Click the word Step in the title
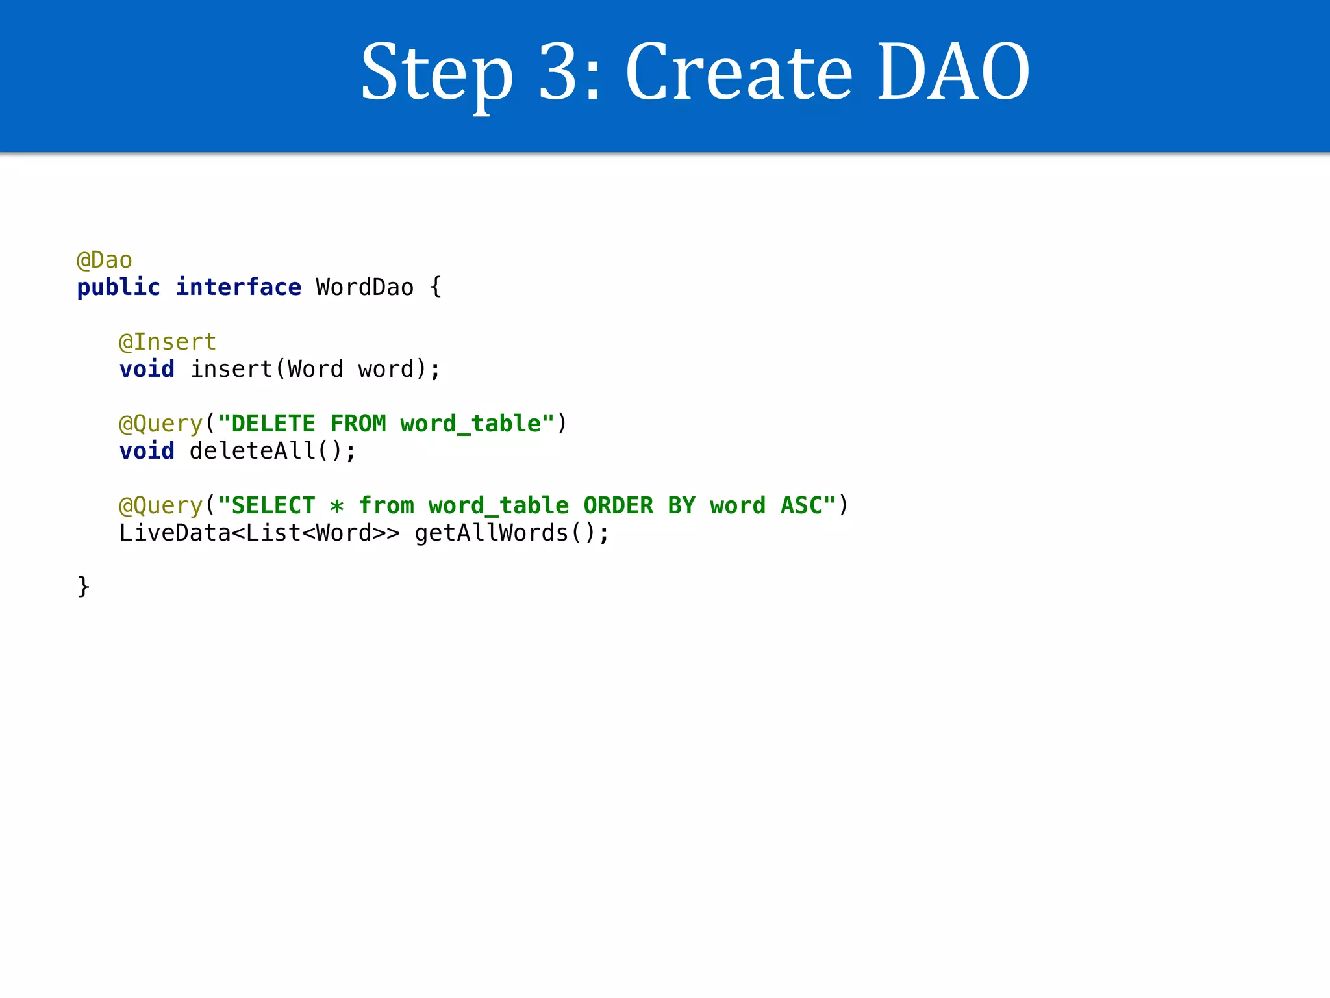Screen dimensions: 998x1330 436,73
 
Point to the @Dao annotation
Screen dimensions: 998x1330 105,261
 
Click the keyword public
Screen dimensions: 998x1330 118,287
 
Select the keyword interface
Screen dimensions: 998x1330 238,287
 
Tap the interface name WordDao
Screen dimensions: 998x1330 364,287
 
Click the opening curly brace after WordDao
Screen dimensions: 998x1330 436,287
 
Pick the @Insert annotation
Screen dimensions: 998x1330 168,342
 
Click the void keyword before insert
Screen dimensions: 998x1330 147,369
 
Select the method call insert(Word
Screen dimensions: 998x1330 266,369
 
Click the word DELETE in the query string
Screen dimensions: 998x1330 273,424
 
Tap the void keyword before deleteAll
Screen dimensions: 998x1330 147,451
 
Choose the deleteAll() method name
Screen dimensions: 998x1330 273,451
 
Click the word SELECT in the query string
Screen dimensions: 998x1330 273,505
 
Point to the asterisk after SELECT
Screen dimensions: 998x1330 336,506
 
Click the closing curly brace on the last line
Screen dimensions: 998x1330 84,587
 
